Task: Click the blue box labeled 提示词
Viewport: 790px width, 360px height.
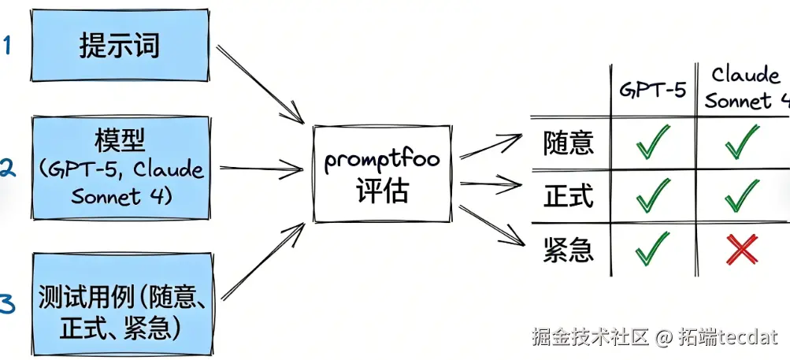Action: coord(120,46)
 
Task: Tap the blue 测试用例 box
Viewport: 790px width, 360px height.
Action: coord(123,312)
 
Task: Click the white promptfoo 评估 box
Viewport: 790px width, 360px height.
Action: coord(381,173)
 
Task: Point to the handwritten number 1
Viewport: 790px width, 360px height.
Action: coord(7,44)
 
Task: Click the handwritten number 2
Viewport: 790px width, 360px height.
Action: coord(7,167)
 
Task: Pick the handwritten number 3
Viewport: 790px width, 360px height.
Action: coord(7,304)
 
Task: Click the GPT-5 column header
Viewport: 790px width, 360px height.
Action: coord(653,89)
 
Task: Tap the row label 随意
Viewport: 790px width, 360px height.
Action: coord(568,143)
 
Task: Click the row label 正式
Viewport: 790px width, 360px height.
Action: coord(568,195)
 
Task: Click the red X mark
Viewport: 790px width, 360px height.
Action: coord(742,250)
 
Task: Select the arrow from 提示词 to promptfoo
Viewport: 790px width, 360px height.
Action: coord(260,83)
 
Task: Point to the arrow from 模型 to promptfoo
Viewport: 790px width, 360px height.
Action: coord(260,168)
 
